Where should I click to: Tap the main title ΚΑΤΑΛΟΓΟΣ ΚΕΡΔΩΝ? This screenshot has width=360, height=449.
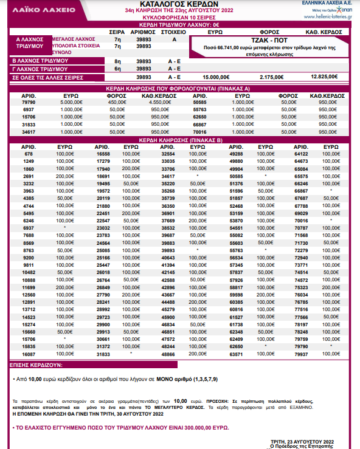coord(179,4)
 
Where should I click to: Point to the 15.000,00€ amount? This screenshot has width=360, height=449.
coord(217,77)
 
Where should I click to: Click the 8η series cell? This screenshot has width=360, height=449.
coord(118,61)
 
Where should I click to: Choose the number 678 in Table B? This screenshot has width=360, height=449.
coord(29,154)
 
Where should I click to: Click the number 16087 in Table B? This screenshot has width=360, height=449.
coord(29,354)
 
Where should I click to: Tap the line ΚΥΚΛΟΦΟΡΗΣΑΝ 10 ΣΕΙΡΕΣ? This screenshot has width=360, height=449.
coord(179,18)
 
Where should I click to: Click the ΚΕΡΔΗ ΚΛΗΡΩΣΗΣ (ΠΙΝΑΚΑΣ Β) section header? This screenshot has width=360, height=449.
coord(179,139)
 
